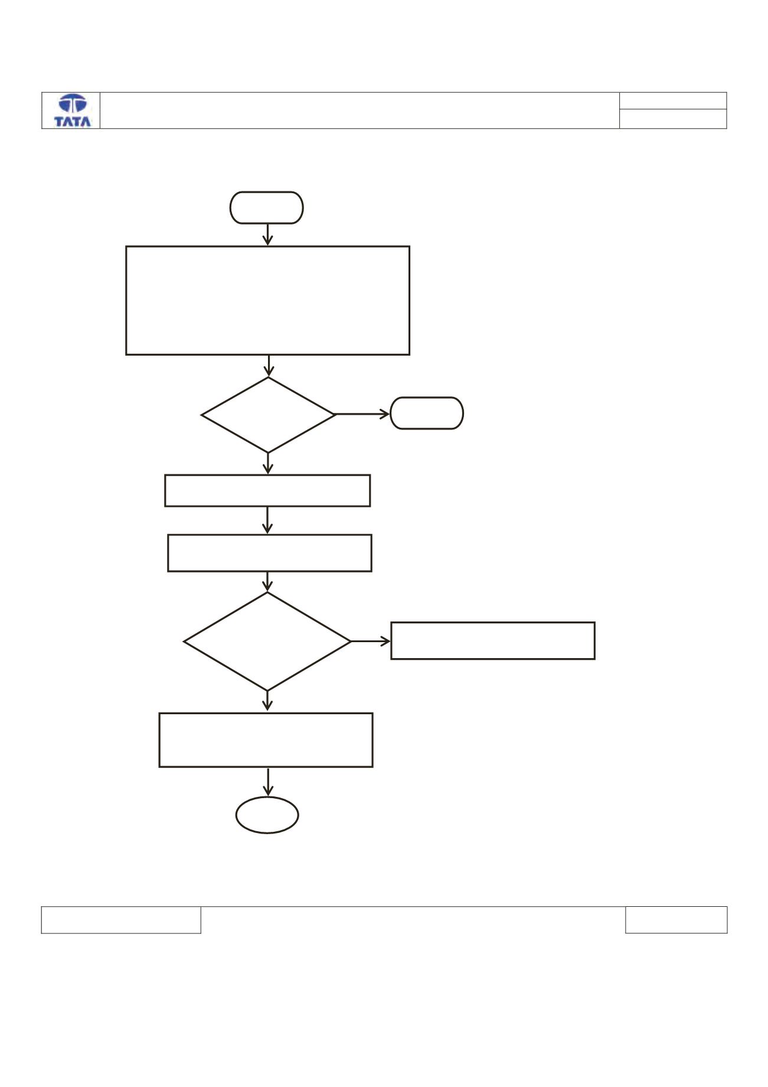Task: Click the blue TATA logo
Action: [x=73, y=110]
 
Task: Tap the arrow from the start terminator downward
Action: [x=267, y=234]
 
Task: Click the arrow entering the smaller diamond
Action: [x=269, y=366]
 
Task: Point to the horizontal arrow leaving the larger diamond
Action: [x=371, y=641]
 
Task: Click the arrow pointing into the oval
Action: [x=269, y=782]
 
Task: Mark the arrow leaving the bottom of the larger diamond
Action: [x=267, y=701]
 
